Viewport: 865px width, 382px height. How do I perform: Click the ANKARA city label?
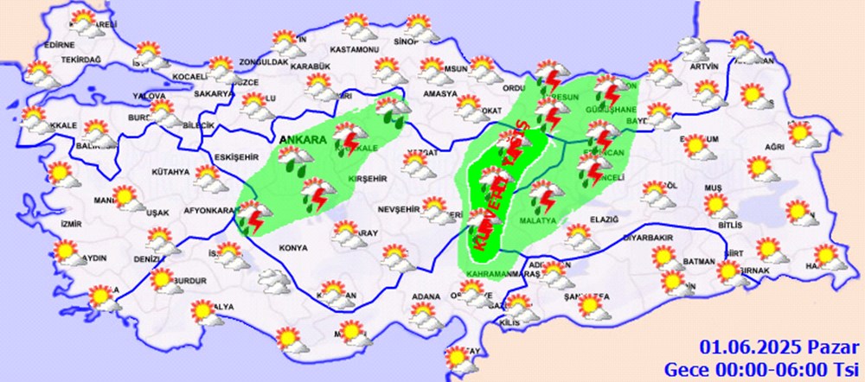tap(300, 139)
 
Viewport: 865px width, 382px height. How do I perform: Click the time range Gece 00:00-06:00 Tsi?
tap(759, 367)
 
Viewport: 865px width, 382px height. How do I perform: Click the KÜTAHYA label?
tap(170, 173)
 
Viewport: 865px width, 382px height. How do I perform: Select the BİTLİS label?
tap(730, 225)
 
